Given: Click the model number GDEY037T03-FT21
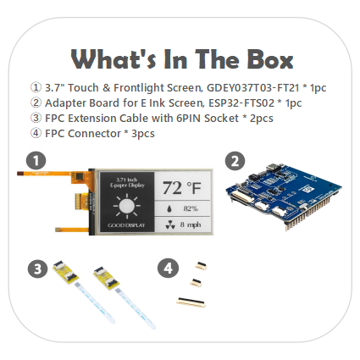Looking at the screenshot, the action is (253, 88).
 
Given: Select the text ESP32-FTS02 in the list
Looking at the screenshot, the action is (241, 103).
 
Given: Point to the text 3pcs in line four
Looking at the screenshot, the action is (143, 134).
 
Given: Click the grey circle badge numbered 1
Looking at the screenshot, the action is (36, 161).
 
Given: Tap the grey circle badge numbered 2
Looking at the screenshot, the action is (235, 161).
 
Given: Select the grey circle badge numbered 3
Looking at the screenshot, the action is (37, 269).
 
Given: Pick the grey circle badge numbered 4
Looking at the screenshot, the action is (168, 268).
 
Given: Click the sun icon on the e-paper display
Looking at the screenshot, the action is (127, 207).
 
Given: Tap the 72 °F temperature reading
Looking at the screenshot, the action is (182, 187).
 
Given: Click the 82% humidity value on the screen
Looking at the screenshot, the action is (191, 208).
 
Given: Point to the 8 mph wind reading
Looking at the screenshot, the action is (191, 224).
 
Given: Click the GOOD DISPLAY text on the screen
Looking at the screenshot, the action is (126, 225).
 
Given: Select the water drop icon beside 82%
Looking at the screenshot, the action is (169, 209).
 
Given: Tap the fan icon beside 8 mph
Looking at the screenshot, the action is (170, 225).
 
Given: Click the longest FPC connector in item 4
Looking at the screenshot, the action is (191, 302).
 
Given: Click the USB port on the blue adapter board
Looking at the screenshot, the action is (274, 167).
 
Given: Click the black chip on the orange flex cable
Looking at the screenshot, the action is (80, 176).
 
